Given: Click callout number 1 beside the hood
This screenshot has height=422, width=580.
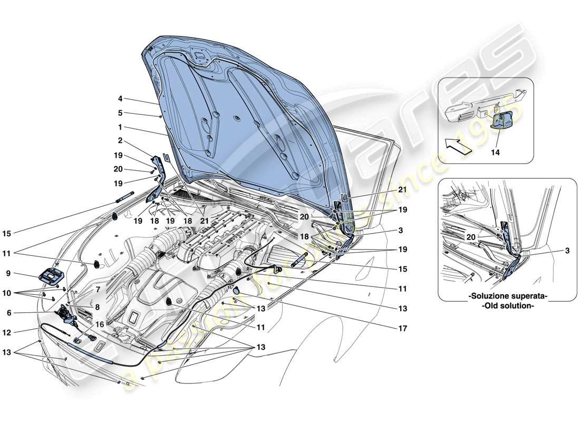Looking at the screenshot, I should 120,127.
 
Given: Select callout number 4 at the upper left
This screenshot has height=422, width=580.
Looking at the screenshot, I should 120,98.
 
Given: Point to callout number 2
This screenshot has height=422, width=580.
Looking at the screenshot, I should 120,141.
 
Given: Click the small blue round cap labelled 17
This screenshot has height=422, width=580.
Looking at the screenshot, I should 236,290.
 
